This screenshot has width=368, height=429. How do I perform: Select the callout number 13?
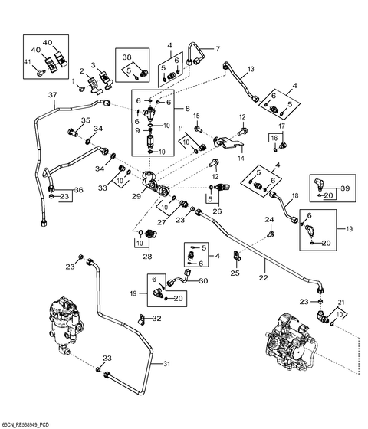[250, 70]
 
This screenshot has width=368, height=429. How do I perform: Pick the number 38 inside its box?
[127, 57]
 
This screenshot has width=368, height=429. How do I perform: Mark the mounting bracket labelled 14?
[228, 143]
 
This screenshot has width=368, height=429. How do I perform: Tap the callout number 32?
[157, 318]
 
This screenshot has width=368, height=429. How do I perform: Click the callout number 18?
[295, 197]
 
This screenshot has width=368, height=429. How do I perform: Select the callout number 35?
[85, 121]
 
